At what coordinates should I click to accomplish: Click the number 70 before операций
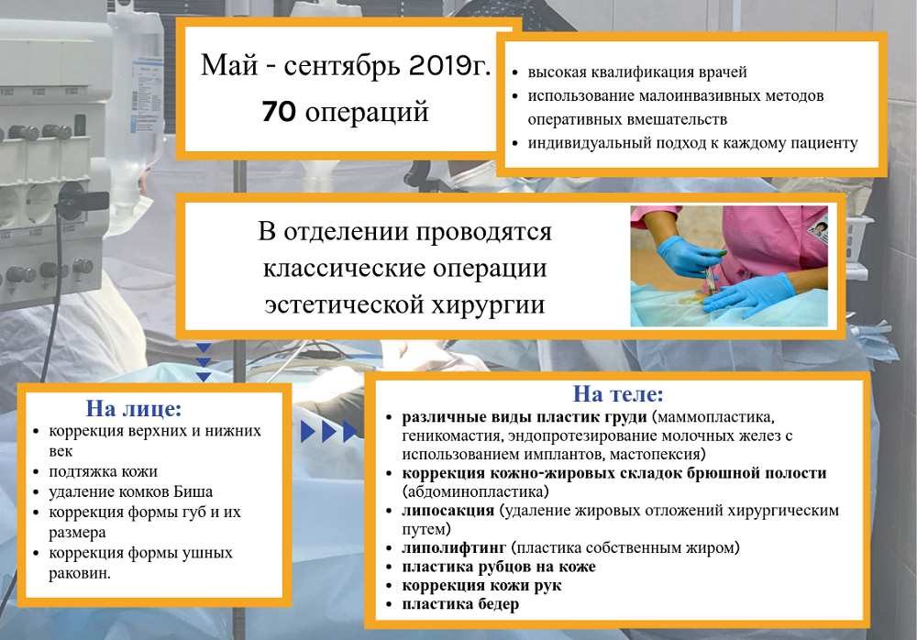tap(279, 112)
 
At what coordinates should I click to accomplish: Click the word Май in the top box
tap(229, 65)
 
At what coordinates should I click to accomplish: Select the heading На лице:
tap(134, 408)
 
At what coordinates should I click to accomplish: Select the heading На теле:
tap(617, 393)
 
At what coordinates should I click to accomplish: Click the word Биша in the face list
tap(193, 491)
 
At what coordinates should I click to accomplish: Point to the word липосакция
tap(448, 510)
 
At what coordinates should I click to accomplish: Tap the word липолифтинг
tap(454, 548)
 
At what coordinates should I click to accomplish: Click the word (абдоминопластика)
tap(475, 491)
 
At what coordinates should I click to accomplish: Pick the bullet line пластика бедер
tap(460, 603)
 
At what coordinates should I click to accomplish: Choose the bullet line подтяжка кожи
tap(103, 471)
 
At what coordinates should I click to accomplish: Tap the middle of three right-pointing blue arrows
tap(329, 432)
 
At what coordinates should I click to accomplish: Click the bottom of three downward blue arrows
tap(203, 377)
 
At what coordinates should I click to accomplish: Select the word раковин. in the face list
tap(80, 573)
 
